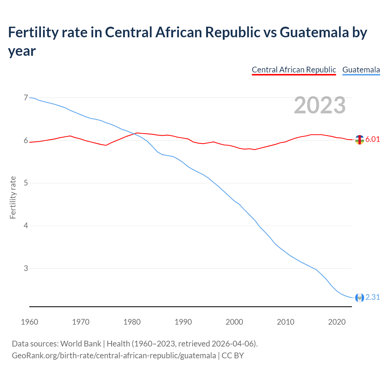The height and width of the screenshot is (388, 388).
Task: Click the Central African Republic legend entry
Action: pos(294,70)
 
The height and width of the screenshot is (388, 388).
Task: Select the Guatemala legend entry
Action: pos(361,70)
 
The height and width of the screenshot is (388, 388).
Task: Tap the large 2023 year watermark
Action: pos(319,105)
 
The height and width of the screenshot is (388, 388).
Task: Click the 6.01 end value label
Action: pos(373,139)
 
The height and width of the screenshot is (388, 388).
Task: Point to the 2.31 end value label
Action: pos(373,297)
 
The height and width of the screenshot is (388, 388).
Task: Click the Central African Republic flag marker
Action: pos(360,140)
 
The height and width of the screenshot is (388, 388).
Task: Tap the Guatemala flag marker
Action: pos(360,298)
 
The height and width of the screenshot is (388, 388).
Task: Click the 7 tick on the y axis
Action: pos(26,98)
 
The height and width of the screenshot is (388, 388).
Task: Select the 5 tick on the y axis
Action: pos(26,183)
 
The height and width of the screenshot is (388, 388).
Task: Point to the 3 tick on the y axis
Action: pos(26,268)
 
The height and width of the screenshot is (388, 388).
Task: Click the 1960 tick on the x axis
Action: pos(29,322)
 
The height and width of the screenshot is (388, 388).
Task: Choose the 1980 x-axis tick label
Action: pos(132,322)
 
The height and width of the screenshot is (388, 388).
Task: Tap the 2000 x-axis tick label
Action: pos(234,322)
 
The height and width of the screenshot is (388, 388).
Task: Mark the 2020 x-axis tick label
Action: pos(337,322)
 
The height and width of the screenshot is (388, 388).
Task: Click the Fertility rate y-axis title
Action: pos(13,197)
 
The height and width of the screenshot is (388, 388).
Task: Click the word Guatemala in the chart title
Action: pos(314,32)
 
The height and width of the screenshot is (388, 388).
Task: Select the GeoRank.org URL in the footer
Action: pos(114,356)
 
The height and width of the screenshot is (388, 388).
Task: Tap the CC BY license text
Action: pos(233,356)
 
